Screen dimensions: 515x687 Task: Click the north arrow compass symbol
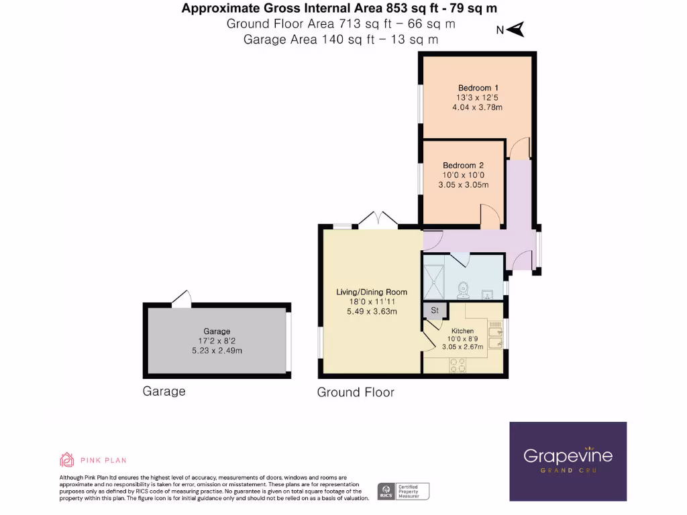[x=515, y=30]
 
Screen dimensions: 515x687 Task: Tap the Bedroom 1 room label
[x=478, y=88]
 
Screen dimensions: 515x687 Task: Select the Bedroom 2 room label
[x=463, y=166]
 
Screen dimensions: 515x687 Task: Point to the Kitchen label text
[x=462, y=331]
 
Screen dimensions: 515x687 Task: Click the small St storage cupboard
[x=434, y=310]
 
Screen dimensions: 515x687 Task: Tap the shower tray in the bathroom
[x=433, y=282]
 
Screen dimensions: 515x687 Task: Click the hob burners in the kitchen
[x=458, y=364]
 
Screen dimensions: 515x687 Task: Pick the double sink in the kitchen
[x=496, y=337]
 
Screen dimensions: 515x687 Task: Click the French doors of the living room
[x=378, y=219]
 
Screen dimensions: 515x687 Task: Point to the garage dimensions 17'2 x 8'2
[x=217, y=341]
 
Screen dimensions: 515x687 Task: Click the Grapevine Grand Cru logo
[x=568, y=461]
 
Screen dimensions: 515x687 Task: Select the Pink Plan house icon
[x=66, y=459]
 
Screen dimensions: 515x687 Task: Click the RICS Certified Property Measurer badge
[x=403, y=491]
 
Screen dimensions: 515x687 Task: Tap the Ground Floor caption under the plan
[x=356, y=392]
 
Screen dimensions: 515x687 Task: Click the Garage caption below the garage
[x=164, y=391]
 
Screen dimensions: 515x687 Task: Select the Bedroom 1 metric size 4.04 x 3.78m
[x=478, y=107]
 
